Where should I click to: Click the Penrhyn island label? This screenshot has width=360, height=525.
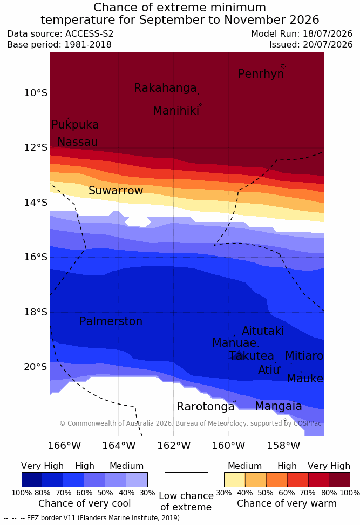click(261, 74)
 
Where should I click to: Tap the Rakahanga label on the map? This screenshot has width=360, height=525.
click(165, 88)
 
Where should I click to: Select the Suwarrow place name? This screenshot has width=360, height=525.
click(116, 191)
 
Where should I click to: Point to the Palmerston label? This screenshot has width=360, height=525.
click(111, 321)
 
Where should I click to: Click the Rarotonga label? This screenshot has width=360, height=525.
click(206, 407)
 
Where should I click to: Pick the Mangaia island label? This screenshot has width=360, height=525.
click(279, 407)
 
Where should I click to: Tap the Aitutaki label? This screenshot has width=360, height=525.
click(263, 331)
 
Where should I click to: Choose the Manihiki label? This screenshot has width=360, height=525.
click(176, 111)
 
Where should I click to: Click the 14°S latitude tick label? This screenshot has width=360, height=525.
click(36, 203)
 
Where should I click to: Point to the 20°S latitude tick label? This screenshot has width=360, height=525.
click(36, 367)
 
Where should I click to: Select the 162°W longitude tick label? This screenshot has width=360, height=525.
click(174, 446)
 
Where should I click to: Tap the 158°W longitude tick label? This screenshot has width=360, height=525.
click(283, 446)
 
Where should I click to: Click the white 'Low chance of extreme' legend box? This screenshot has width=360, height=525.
click(186, 480)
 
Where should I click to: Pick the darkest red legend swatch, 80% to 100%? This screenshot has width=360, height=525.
click(339, 480)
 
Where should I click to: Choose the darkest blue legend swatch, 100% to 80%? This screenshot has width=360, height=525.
click(32, 480)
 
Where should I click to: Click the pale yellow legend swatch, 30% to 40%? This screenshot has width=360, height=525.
click(235, 480)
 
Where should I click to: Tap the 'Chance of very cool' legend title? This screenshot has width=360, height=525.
click(85, 503)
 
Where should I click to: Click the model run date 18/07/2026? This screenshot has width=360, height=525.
click(328, 34)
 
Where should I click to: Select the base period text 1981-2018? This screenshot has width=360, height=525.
click(87, 44)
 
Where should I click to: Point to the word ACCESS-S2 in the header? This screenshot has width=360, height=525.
click(90, 34)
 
